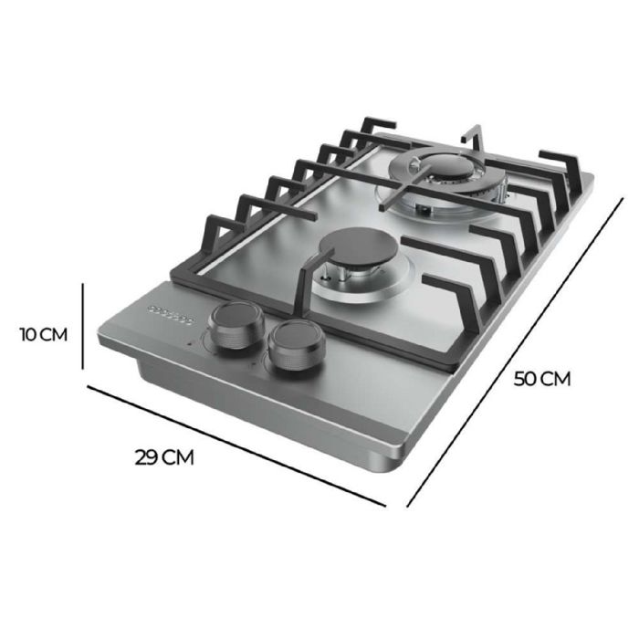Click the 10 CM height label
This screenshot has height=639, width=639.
[x=42, y=335]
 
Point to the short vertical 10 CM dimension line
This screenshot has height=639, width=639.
[x=83, y=326]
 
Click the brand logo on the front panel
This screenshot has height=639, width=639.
[x=170, y=313]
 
